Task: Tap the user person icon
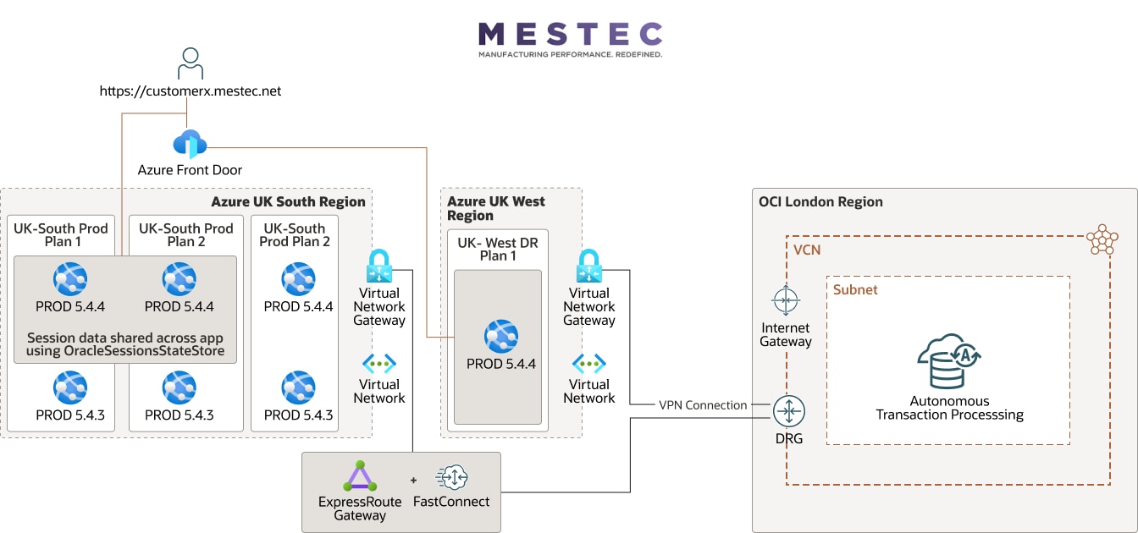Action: (x=191, y=64)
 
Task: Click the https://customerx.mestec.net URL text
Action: (x=191, y=91)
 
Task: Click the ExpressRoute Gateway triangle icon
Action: (x=360, y=476)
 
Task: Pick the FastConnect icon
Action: (x=451, y=477)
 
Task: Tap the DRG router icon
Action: (x=788, y=411)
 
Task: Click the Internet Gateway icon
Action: (x=786, y=300)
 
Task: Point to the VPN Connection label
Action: (x=703, y=405)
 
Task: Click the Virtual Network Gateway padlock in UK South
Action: (x=379, y=266)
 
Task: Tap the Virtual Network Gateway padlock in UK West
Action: (x=588, y=266)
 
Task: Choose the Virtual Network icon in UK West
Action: (x=588, y=364)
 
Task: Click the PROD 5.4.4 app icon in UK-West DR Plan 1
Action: (x=501, y=337)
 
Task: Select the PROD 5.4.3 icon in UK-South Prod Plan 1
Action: (x=70, y=387)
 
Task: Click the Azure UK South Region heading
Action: (x=288, y=201)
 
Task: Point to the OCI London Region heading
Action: (x=820, y=201)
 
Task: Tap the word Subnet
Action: (x=855, y=289)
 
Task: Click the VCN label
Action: (x=807, y=250)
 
